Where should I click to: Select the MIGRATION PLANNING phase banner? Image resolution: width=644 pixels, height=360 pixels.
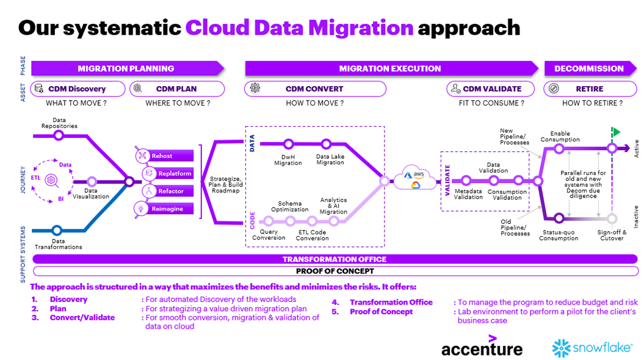tap(126, 68)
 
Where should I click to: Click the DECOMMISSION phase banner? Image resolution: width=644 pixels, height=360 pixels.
tap(588, 68)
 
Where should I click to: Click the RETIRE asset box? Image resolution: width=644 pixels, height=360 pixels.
tap(588, 88)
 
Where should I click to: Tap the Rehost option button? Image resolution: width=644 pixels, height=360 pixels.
tap(165, 156)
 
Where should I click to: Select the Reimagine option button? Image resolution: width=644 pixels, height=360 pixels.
tap(165, 209)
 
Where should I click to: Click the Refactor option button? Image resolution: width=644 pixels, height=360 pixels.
tap(165, 191)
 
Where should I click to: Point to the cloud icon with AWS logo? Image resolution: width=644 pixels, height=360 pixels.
tap(415, 179)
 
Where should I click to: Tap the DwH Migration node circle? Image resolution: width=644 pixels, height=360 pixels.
tap(288, 144)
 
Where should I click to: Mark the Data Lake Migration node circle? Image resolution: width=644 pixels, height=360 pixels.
tap(326, 144)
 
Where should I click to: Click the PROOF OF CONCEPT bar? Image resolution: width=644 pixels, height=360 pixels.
tap(335, 271)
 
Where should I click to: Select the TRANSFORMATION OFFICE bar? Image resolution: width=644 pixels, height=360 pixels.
tap(335, 259)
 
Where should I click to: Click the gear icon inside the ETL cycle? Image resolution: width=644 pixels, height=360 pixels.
tap(51, 179)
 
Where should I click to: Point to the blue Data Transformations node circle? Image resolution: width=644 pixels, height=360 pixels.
tap(57, 230)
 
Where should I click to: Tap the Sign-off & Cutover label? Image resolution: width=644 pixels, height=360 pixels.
tap(610, 235)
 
